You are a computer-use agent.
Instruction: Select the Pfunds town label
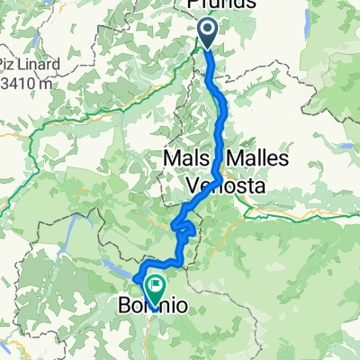coord(221,5)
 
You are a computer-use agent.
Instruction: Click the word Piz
coord(15,66)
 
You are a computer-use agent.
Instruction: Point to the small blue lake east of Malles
coord(345,143)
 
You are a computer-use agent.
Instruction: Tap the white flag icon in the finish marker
coord(157,287)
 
